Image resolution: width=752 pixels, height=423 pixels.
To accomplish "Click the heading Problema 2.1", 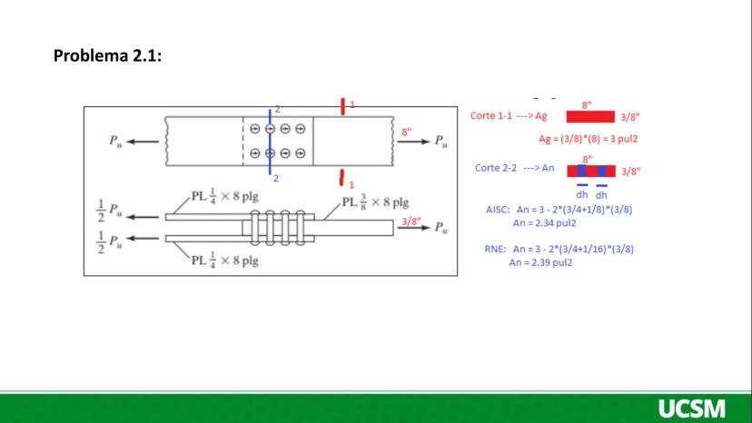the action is pos(107,55).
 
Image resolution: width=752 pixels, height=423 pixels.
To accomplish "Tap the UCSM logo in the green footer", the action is pos(691,408).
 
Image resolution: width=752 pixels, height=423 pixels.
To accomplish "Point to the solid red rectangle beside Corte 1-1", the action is pos(590,116).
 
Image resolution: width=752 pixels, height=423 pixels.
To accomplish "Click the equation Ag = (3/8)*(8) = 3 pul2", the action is pos(588,139).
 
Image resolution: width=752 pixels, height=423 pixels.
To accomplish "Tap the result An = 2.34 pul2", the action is pos(544,223).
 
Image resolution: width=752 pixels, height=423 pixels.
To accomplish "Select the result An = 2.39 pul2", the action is pos(540,262).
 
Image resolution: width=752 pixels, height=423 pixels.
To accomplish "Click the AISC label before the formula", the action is pos(498,210).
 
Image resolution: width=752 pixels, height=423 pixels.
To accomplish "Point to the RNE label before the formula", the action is pos(495,249).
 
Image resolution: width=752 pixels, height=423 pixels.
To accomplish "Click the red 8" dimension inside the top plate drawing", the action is pos(407,132).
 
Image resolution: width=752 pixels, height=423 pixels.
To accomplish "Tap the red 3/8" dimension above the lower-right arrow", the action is pos(411,221).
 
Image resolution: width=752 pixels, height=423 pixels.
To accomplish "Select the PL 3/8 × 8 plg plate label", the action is pos(375,202).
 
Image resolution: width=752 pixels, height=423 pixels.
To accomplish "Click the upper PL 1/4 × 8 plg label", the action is pos(224,196).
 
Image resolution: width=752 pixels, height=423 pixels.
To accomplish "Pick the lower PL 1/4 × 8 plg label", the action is pos(224,261).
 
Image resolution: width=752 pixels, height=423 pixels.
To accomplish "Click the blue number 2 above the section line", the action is pos(277,110).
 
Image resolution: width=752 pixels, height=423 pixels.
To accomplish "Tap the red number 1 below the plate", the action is pos(351,184).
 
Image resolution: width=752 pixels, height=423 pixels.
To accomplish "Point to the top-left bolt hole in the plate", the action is pos(255,129).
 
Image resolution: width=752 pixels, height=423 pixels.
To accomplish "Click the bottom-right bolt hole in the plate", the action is pos(301,153).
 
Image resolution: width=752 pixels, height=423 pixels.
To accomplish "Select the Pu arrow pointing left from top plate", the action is pos(143,142).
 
